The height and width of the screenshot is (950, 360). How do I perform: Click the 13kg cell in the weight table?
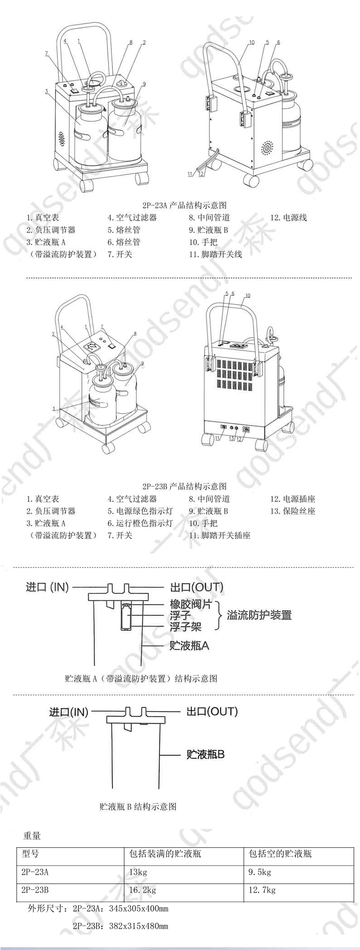pos(138,873)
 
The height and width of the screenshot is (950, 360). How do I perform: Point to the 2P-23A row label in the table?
pos(35,873)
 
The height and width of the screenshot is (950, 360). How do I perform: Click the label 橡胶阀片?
pos(191,604)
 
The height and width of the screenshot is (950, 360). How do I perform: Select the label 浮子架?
pos(186,627)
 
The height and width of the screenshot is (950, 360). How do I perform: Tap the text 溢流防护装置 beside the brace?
pos(259,615)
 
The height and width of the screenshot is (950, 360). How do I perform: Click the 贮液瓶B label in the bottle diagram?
pos(206,755)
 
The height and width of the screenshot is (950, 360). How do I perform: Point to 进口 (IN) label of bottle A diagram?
pos(47,587)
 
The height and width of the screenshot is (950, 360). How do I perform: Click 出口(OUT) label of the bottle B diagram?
pos(212,711)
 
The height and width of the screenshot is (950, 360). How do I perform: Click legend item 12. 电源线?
pos(289,218)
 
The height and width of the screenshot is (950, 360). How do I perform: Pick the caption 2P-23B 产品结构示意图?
pos(184,487)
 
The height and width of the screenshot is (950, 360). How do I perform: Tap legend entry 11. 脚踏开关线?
pos(216,254)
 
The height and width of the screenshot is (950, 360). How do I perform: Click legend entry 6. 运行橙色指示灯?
pos(141,523)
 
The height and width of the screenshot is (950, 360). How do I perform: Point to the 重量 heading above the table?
pos(32,836)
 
